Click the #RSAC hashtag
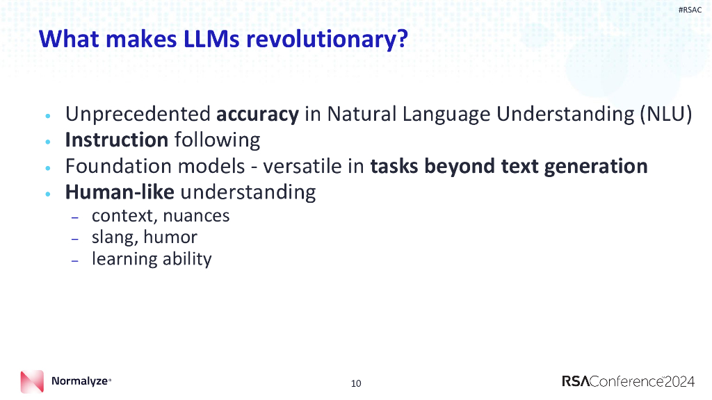pyautogui.click(x=690, y=9)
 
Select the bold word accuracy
pyautogui.click(x=257, y=114)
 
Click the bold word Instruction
pyautogui.click(x=117, y=140)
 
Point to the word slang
pyautogui.click(x=115, y=237)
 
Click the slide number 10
pyautogui.click(x=356, y=383)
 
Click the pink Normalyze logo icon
pyautogui.click(x=32, y=381)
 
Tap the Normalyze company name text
pyautogui.click(x=80, y=381)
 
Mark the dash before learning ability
pyautogui.click(x=75, y=260)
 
